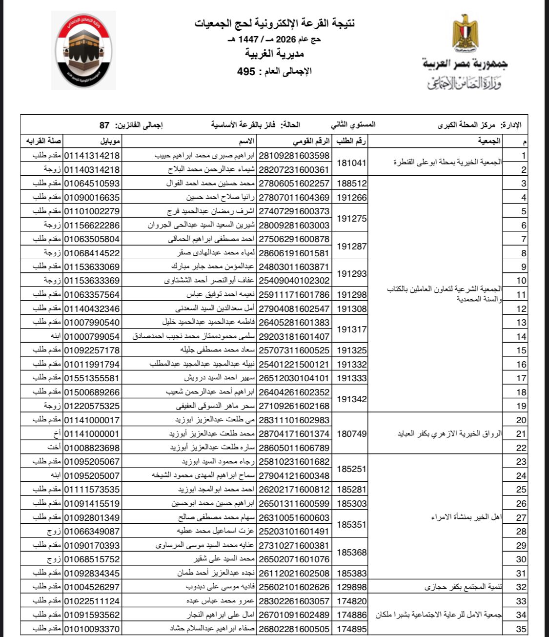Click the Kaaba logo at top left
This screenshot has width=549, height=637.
(x=83, y=51)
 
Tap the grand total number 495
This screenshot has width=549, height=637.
(x=246, y=71)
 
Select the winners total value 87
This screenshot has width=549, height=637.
(x=104, y=125)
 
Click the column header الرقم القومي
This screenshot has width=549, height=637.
(x=312, y=142)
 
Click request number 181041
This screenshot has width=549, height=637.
(x=351, y=163)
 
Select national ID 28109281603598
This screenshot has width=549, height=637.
(x=294, y=156)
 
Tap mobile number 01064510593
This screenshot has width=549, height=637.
(x=92, y=184)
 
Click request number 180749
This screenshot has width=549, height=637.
(x=351, y=433)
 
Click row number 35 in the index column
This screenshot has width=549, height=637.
(x=521, y=629)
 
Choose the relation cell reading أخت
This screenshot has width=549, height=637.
(x=54, y=448)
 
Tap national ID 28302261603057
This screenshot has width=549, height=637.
(x=294, y=601)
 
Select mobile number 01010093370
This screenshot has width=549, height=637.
(x=92, y=629)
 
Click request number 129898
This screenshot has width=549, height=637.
(x=351, y=587)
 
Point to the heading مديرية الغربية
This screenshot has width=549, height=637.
(x=274, y=53)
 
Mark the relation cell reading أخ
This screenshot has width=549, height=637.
(x=57, y=433)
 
